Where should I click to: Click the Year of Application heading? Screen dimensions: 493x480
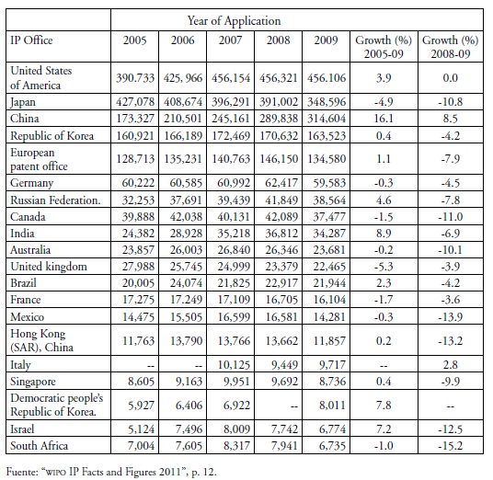(x=234, y=21)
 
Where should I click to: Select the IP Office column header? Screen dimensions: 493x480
(x=31, y=40)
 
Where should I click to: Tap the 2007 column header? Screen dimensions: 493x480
(x=230, y=40)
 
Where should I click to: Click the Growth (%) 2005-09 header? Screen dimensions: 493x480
(x=384, y=47)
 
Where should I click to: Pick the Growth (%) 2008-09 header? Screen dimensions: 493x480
(x=451, y=47)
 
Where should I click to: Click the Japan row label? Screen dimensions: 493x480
(x=23, y=102)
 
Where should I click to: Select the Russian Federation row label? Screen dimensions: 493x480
(x=55, y=200)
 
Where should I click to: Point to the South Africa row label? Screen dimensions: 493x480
(x=39, y=445)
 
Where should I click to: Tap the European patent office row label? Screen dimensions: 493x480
(x=39, y=159)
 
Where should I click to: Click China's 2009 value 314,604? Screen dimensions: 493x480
(x=327, y=119)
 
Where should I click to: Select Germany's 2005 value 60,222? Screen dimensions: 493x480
(x=138, y=183)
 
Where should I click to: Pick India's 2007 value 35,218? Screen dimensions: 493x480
(x=234, y=234)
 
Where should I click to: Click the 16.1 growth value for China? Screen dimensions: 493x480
(x=384, y=119)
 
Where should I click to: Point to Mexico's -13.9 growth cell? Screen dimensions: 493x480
(x=451, y=317)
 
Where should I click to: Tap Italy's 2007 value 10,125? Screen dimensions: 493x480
(x=234, y=365)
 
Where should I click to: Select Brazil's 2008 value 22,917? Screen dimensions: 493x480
(x=281, y=283)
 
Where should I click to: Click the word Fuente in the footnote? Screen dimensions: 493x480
(x=21, y=472)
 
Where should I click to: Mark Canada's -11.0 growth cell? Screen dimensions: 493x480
(x=451, y=217)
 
